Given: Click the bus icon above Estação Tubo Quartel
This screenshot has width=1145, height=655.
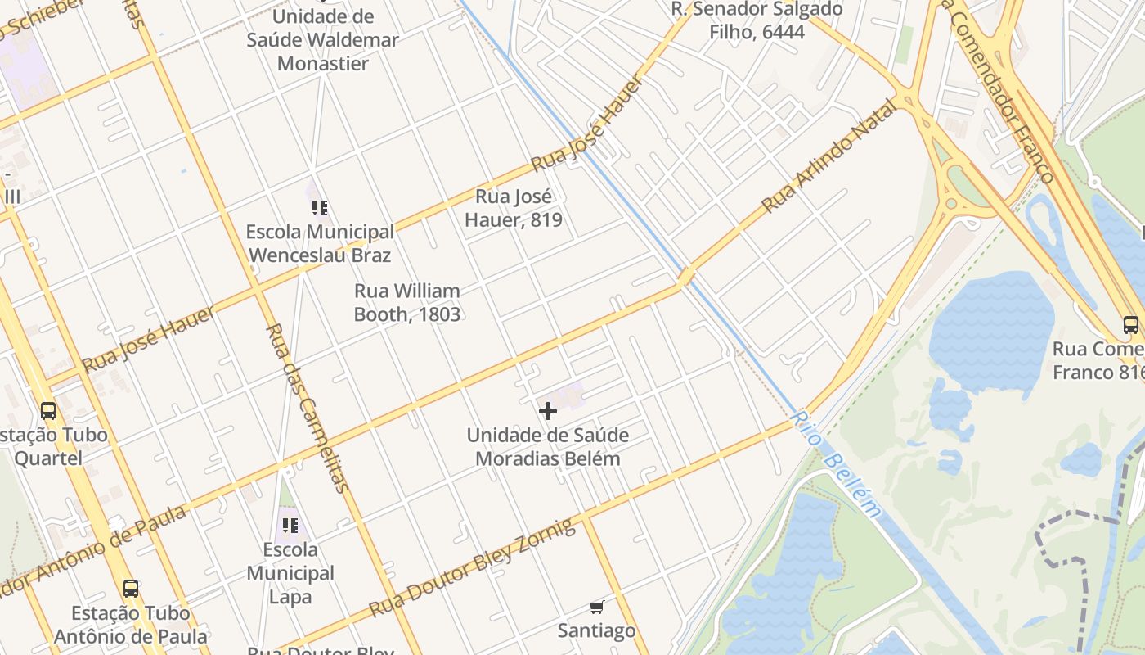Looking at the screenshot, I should click(x=48, y=410).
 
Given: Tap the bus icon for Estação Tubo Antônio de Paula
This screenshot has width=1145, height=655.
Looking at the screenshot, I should click(x=130, y=588).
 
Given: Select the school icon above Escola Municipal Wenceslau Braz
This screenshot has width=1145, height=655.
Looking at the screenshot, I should click(x=320, y=208).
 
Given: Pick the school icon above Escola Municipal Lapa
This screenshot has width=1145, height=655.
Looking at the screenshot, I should click(x=290, y=525).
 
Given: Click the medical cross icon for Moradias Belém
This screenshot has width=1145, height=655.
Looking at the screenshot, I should click(x=548, y=411).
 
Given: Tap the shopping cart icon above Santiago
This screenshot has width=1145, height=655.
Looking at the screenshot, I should click(x=596, y=608).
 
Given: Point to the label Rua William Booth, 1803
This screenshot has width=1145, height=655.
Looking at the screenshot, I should click(x=407, y=303).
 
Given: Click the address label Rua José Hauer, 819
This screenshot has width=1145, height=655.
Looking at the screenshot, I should click(x=514, y=208).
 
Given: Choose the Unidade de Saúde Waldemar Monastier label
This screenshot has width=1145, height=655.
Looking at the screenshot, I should click(x=323, y=39).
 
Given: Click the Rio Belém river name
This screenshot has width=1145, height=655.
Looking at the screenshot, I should click(x=837, y=464).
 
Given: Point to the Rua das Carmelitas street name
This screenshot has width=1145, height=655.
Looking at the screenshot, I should click(x=308, y=407).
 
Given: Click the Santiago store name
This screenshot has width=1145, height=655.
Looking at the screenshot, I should click(x=596, y=630).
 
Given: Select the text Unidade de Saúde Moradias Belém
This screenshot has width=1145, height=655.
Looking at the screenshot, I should click(x=548, y=447).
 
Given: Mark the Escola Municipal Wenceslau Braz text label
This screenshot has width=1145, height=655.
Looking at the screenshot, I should click(x=320, y=243).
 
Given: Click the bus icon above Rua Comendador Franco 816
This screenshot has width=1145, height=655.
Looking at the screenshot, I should click(x=1131, y=324).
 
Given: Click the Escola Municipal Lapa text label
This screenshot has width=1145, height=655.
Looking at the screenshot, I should click(x=290, y=573).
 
